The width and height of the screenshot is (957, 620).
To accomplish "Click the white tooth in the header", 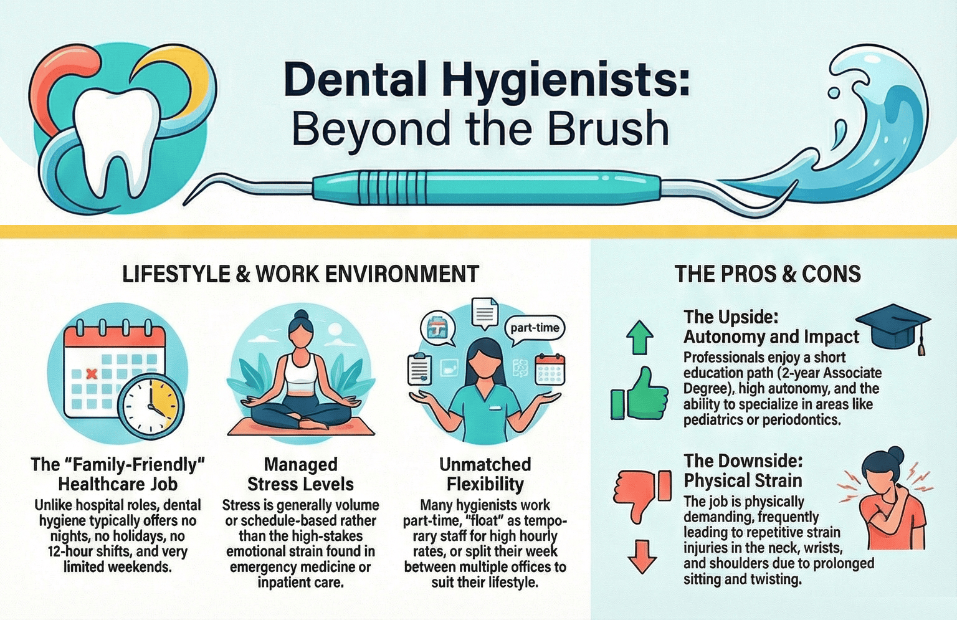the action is click(115, 136).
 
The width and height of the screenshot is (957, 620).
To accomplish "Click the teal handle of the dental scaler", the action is click(487, 187).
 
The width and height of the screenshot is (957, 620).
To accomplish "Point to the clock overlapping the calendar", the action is click(151, 406).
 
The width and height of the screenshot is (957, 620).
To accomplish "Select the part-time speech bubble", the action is click(535, 329).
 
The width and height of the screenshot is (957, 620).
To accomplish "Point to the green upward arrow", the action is click(640, 337).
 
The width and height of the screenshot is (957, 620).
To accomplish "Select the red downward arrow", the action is click(642, 557).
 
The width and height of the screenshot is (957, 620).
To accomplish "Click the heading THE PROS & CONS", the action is click(768, 274).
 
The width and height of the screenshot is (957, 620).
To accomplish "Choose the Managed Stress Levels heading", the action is click(301, 474).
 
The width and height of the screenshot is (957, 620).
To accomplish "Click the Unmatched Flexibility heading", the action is click(485, 474).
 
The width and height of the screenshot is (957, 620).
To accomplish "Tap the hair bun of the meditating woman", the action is click(302, 315).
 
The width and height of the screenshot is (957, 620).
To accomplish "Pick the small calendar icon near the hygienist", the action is click(550, 369).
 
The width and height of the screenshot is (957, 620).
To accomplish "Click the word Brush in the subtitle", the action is click(608, 129).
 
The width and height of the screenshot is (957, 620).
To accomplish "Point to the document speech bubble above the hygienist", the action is click(485, 313).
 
